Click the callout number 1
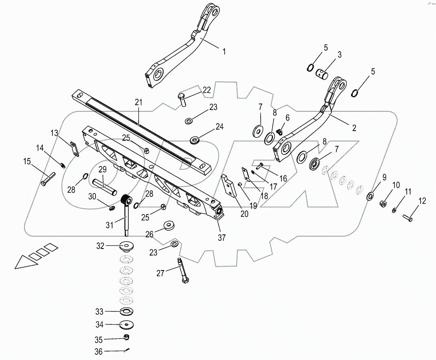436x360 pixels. coord(223,52)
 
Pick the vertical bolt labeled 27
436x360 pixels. coord(182,271)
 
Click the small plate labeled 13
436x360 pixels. coord(74,148)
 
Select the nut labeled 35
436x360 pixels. coord(127,338)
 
